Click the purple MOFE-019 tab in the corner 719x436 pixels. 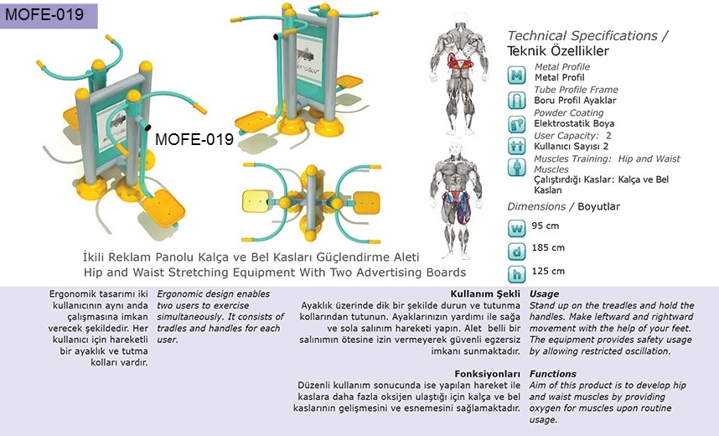49,14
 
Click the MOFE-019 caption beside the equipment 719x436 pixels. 194,140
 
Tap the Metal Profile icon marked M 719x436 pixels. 517,75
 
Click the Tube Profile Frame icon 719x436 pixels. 517,100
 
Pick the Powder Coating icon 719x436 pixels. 517,123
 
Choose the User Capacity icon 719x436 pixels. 517,145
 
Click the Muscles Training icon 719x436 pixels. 517,167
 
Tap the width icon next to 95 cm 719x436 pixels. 517,227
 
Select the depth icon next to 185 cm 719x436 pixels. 517,250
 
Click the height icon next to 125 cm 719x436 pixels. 517,272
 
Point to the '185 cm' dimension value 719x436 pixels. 548,247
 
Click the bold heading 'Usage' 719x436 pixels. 545,294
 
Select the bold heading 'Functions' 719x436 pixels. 552,374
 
